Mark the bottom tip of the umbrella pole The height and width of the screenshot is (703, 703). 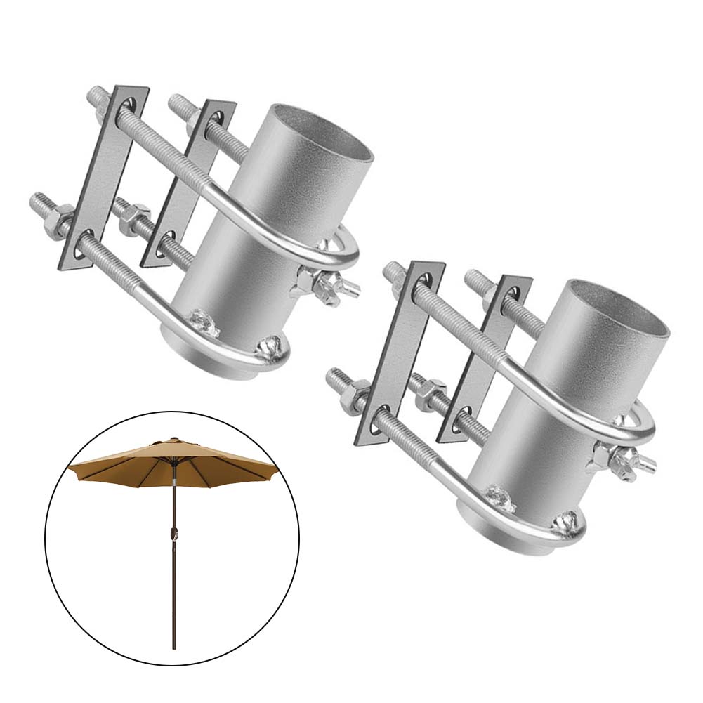(173, 648)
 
